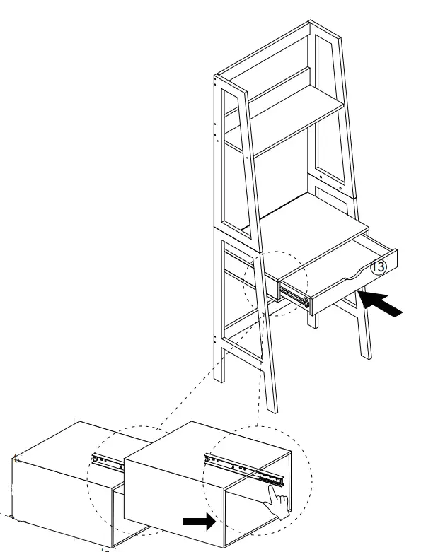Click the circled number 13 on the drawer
click(379, 266)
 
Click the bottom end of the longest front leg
click(273, 406)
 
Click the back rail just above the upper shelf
click(276, 81)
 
